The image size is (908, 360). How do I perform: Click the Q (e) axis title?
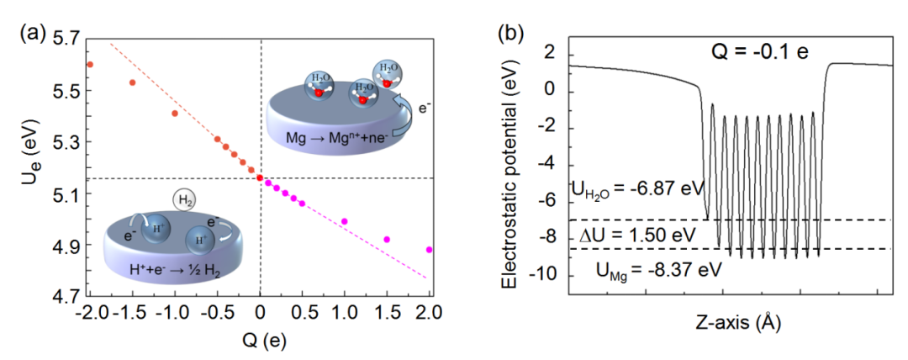260,341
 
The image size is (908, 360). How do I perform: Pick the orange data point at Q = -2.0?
90,64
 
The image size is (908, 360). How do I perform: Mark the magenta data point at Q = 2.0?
430,250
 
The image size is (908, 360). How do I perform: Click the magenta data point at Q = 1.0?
345,221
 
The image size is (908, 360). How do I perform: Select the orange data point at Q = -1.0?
175,114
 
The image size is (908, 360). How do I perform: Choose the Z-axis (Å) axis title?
728,322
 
